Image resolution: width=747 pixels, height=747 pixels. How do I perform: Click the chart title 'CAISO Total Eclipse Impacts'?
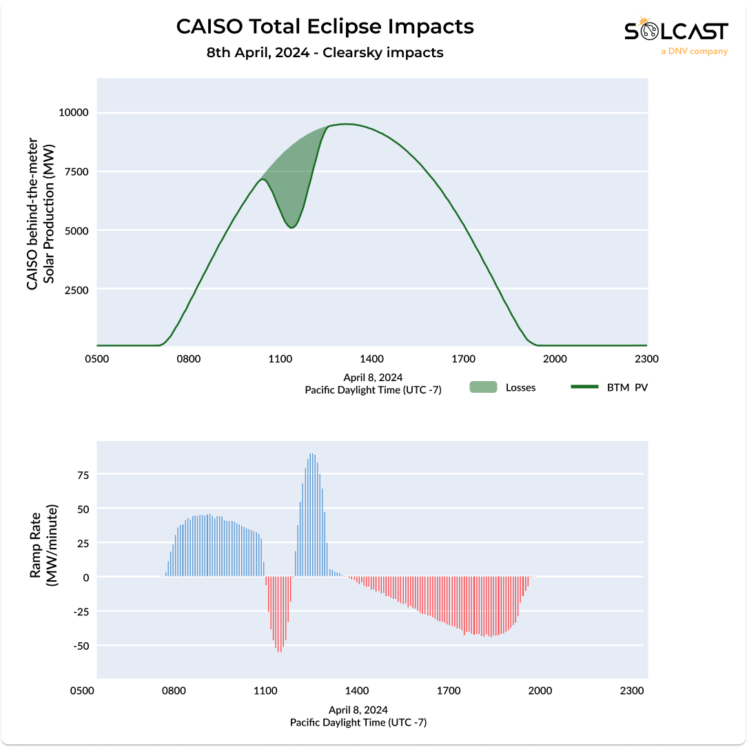pyautogui.click(x=325, y=27)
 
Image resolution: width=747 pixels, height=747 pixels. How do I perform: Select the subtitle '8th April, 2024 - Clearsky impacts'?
pyautogui.click(x=325, y=52)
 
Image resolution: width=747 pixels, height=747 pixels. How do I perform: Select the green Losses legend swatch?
pyautogui.click(x=483, y=387)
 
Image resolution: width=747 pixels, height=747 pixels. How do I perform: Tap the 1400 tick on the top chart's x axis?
pyautogui.click(x=372, y=359)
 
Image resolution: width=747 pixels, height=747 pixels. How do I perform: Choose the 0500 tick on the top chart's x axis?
pyautogui.click(x=97, y=359)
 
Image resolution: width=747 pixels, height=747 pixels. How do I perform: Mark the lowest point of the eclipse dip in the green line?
pyautogui.click(x=291, y=227)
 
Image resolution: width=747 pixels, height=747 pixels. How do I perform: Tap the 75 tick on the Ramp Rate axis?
pyautogui.click(x=82, y=475)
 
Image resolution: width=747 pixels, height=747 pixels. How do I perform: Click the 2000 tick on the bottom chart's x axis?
pyautogui.click(x=540, y=691)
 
